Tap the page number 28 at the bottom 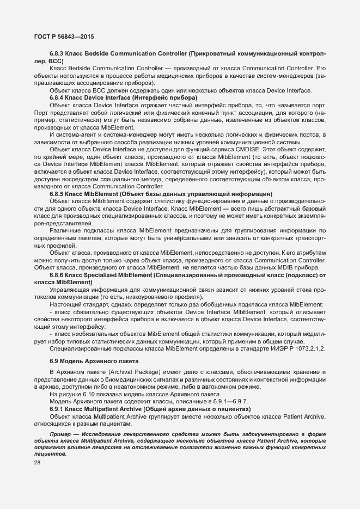37,463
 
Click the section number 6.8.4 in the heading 57,97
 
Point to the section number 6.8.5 57,194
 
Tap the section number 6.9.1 57,408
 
